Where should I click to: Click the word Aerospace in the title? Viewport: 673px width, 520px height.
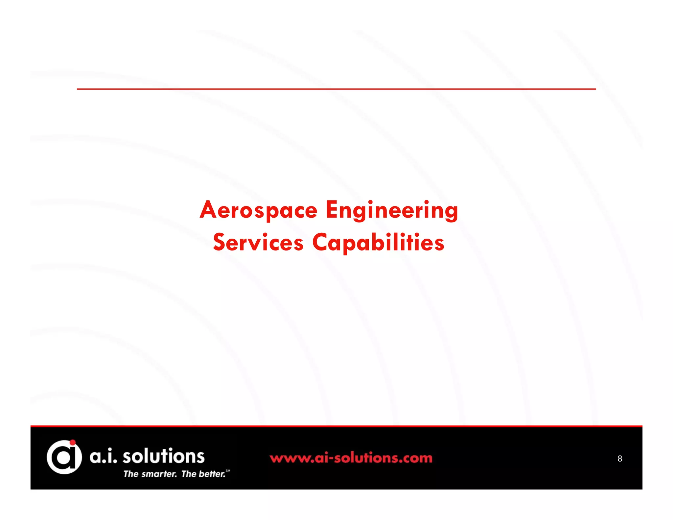coord(259,210)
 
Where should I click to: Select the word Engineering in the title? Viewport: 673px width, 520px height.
coord(392,210)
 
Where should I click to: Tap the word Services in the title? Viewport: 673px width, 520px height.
coord(258,243)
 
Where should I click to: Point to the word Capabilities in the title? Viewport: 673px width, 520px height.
coord(378,243)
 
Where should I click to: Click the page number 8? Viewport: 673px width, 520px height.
coord(620,459)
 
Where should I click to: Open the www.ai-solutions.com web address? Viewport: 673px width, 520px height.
coord(351,458)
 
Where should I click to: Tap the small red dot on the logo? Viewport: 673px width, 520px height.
coord(73,442)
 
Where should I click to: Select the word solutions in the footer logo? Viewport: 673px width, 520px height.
coord(163,456)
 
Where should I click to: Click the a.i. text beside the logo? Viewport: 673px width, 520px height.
coord(103,457)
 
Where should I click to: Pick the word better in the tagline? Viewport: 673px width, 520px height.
coord(212,474)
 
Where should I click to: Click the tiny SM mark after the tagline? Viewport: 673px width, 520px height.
coord(228,471)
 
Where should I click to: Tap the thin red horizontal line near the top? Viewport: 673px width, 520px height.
coord(336,89)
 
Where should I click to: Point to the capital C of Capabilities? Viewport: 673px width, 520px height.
coord(321,242)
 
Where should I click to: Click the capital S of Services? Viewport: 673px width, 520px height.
coord(220,242)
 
